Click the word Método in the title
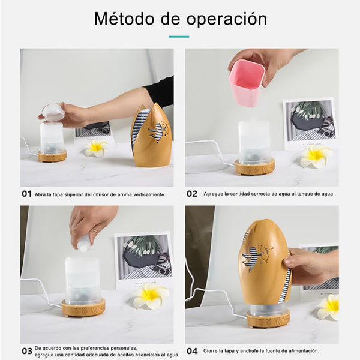(x=124, y=19)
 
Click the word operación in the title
(x=227, y=20)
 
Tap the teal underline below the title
(x=179, y=37)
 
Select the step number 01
(x=26, y=194)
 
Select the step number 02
(x=192, y=194)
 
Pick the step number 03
(x=27, y=351)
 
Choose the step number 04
(x=192, y=351)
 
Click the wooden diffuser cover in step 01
(x=152, y=136)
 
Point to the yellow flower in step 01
(x=96, y=148)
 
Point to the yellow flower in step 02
(x=316, y=156)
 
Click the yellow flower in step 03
(x=151, y=296)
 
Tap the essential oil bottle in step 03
(x=83, y=244)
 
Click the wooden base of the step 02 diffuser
(x=255, y=167)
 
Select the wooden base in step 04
(x=268, y=319)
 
